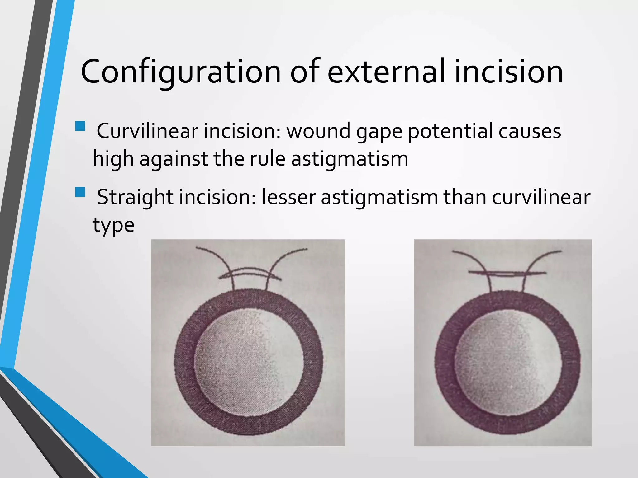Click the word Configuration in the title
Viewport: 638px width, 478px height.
coord(181,72)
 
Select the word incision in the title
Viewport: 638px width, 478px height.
coord(508,72)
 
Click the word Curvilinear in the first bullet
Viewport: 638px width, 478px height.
coord(147,131)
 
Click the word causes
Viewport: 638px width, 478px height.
coord(530,131)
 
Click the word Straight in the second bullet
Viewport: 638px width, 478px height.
coord(135,197)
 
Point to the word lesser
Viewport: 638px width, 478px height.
coord(288,197)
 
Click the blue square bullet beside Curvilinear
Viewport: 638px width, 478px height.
coord(80,126)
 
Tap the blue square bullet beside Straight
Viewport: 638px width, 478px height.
coord(80,192)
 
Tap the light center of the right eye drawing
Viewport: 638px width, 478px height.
coord(508,363)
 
